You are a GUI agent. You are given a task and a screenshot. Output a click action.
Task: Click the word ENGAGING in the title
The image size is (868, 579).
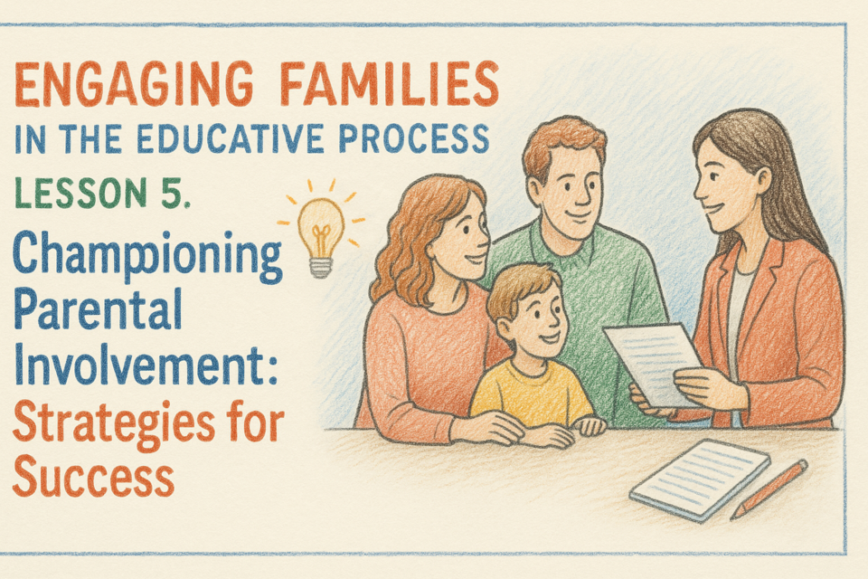click(134, 84)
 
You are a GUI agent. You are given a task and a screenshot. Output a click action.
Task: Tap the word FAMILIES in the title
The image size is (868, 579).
click(389, 83)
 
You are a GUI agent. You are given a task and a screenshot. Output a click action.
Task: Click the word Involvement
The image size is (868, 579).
click(138, 363)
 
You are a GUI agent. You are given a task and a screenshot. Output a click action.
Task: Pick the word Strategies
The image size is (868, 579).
click(113, 424)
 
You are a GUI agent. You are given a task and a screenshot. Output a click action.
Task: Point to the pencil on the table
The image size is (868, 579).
click(769, 489)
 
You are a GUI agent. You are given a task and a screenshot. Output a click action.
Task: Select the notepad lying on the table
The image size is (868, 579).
click(700, 479)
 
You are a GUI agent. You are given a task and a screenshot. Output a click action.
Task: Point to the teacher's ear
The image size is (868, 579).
click(763, 182)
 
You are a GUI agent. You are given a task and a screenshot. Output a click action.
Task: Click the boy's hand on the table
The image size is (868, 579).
click(590, 425)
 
